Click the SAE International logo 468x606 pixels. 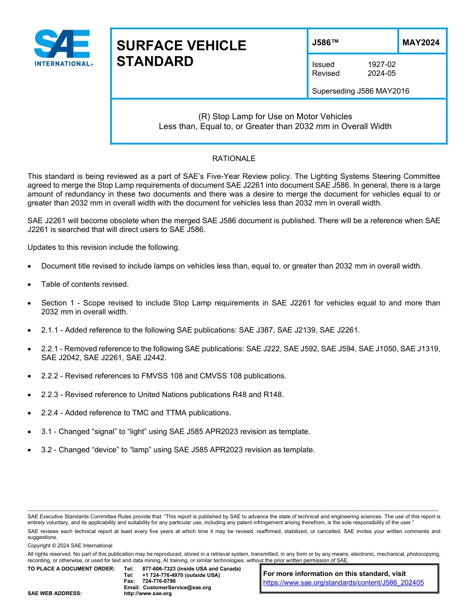pyautogui.click(x=63, y=48)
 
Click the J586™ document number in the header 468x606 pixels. pyautogui.click(x=325, y=42)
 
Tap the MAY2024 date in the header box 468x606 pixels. pyautogui.click(x=421, y=42)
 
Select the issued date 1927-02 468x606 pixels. pyautogui.click(x=381, y=65)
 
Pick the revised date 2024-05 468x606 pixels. pyautogui.click(x=381, y=73)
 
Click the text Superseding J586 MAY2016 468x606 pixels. pyautogui.click(x=361, y=91)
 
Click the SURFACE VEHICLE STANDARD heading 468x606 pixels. pyautogui.click(x=181, y=53)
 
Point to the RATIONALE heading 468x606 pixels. pyautogui.click(x=234, y=159)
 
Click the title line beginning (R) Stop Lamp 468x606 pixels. pyautogui.click(x=275, y=117)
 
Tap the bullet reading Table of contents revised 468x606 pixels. pyautogui.click(x=85, y=284)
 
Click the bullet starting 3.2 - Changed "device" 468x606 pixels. pyautogui.click(x=177, y=450)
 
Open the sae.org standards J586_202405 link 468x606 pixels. pyautogui.click(x=343, y=582)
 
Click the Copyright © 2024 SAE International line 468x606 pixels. pyautogui.click(x=70, y=545)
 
